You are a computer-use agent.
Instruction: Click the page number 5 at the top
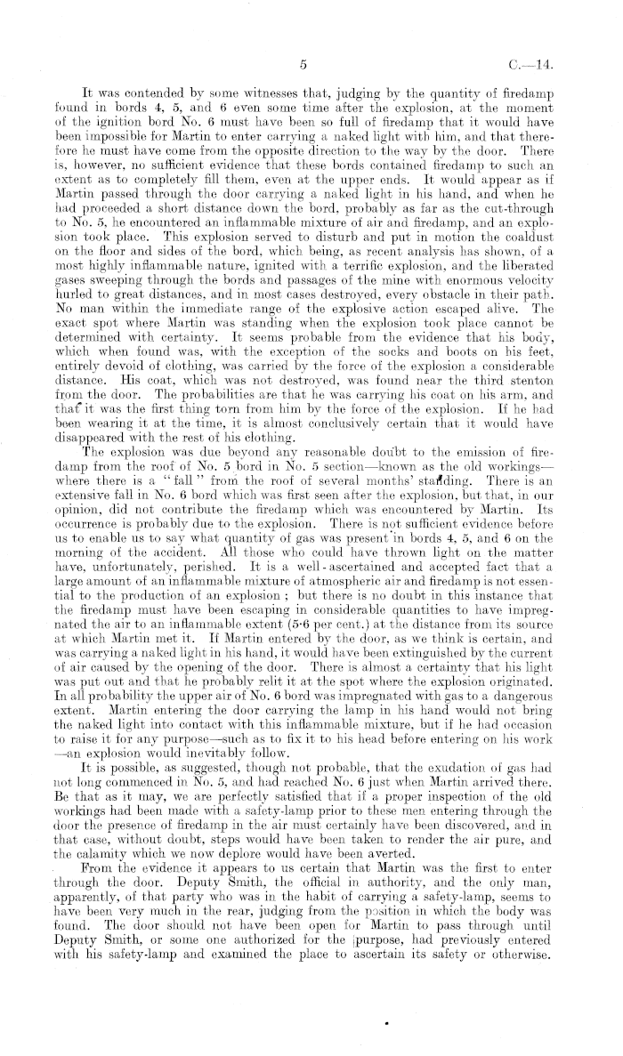click(x=303, y=65)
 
